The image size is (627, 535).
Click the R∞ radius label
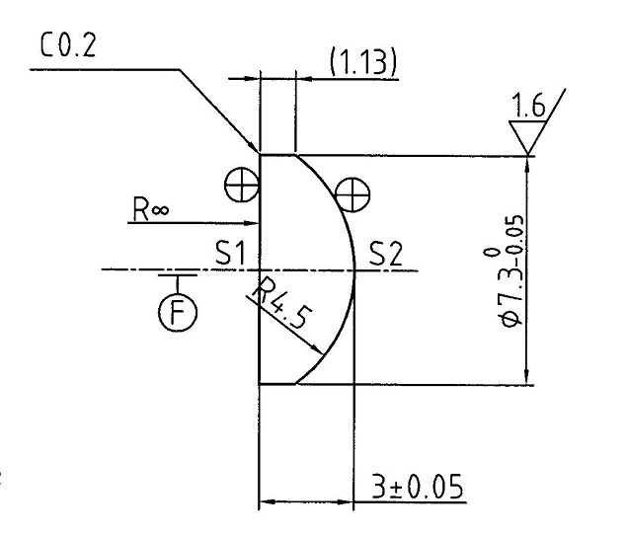point(153,209)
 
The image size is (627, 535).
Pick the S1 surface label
point(229,254)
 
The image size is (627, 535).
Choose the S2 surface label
point(386,254)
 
